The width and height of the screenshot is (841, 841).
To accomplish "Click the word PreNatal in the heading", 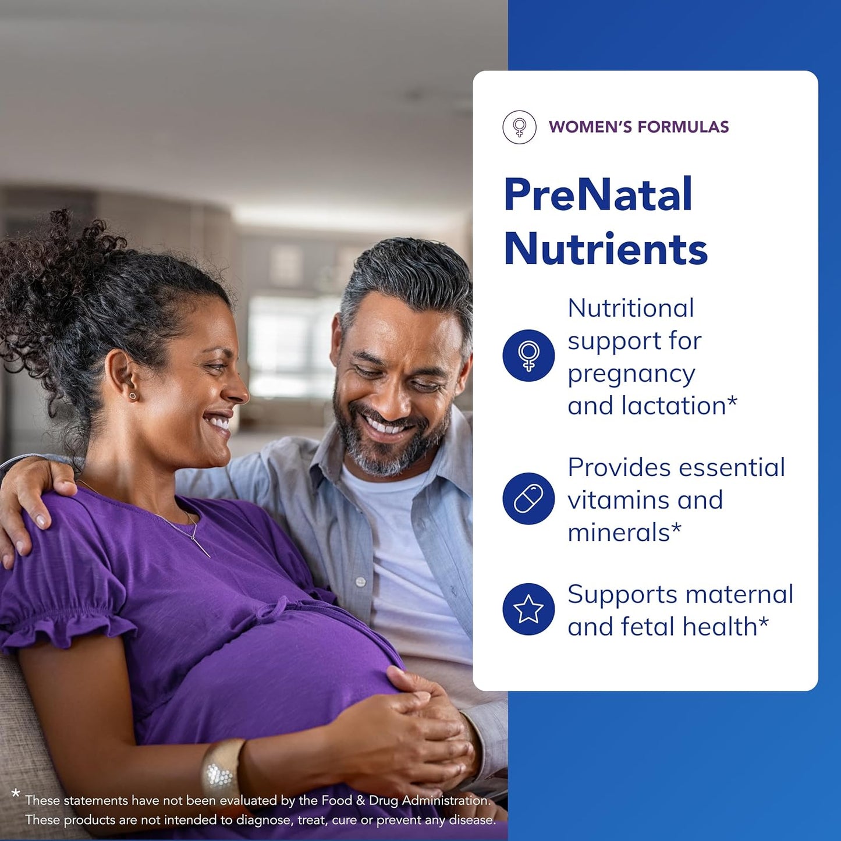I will point(598,194).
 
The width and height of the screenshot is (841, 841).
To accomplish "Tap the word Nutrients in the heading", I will point(605,249).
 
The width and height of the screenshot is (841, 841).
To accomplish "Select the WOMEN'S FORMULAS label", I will point(638,127).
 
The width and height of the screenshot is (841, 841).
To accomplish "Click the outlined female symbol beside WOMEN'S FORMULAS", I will point(519,127).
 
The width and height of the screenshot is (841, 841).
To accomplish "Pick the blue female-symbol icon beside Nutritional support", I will point(528,356).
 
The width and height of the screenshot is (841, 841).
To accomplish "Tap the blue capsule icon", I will point(528,499).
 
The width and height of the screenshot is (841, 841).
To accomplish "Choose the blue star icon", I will point(528,609).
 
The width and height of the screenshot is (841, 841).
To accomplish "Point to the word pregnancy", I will point(631,374).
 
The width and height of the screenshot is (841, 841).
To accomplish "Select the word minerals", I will point(619,533).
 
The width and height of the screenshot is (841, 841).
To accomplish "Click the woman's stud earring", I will point(133,396).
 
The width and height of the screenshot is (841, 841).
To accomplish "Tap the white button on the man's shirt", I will point(360,581).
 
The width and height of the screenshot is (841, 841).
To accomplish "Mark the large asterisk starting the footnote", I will point(16,794).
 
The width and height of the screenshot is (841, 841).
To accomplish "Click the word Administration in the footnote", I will point(446,801).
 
